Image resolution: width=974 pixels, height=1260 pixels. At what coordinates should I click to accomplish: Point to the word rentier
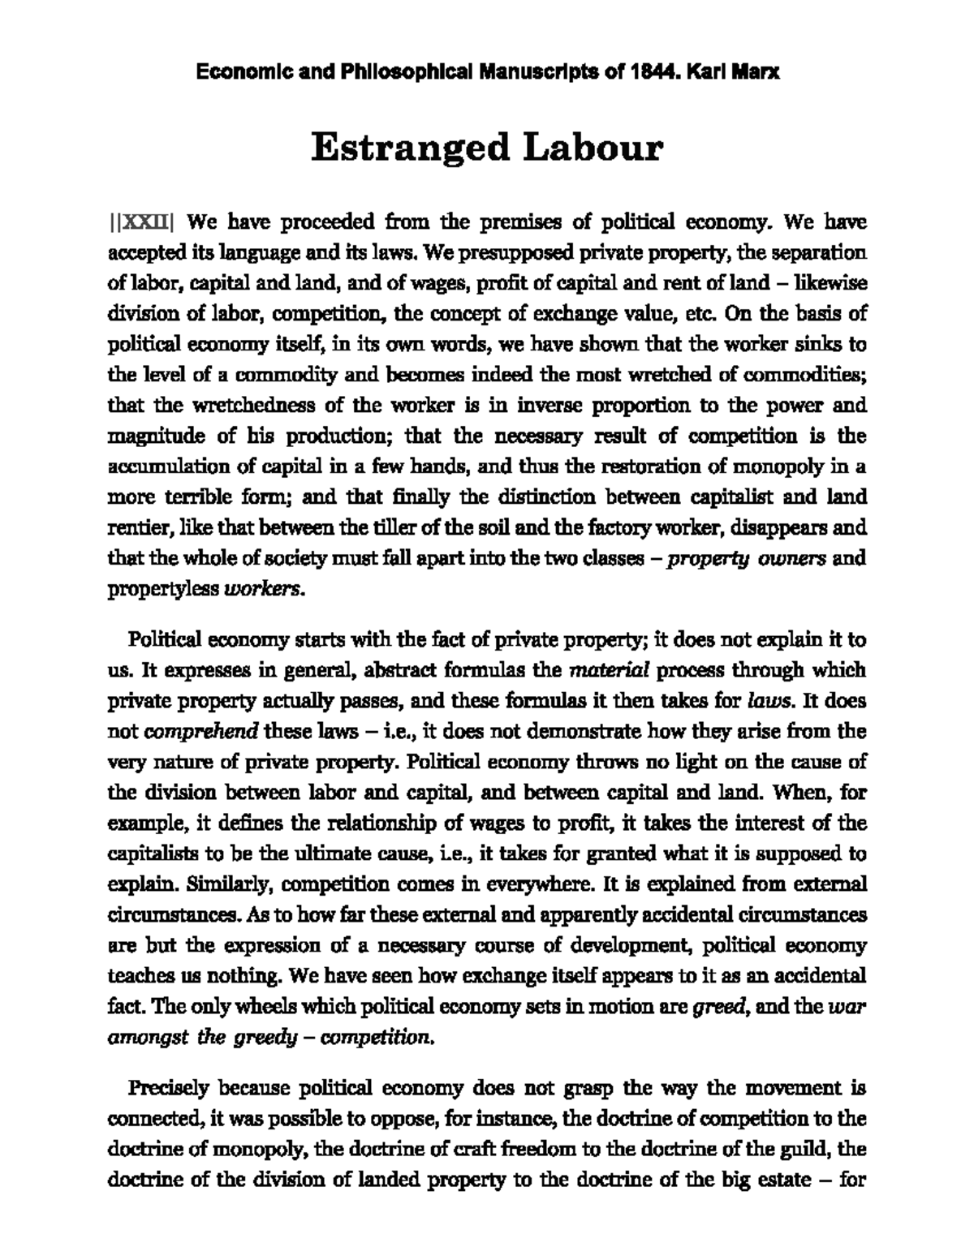[x=132, y=528]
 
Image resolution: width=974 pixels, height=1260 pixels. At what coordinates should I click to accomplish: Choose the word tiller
[x=403, y=528]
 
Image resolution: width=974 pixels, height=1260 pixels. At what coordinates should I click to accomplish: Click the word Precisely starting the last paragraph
[x=166, y=1087]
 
